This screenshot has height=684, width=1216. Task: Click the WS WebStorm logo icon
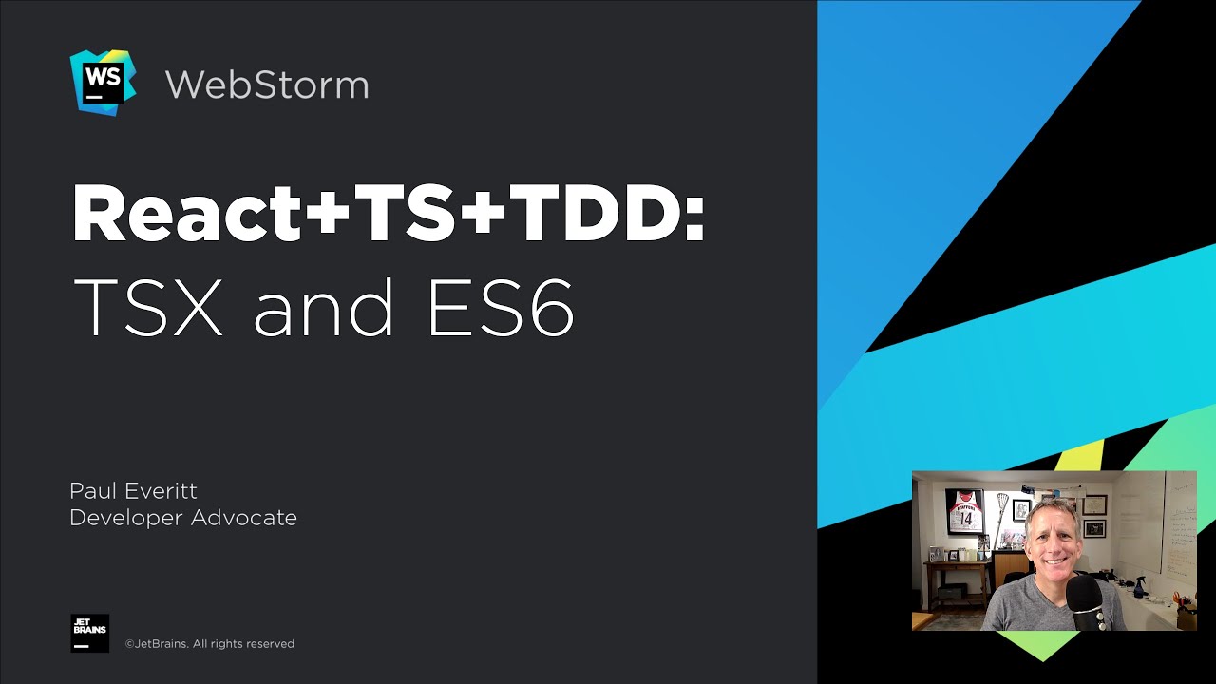pos(103,83)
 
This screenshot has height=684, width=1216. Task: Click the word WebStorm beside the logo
pos(267,85)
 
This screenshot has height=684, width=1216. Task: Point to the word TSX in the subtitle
pos(147,307)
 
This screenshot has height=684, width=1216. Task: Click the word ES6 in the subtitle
pos(501,307)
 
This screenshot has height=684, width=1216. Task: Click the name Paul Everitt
pos(133,491)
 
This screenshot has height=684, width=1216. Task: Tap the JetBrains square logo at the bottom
pos(90,633)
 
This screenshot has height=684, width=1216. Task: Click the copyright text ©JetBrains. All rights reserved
pos(210,644)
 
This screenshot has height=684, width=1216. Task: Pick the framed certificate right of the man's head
pos(1094,504)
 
